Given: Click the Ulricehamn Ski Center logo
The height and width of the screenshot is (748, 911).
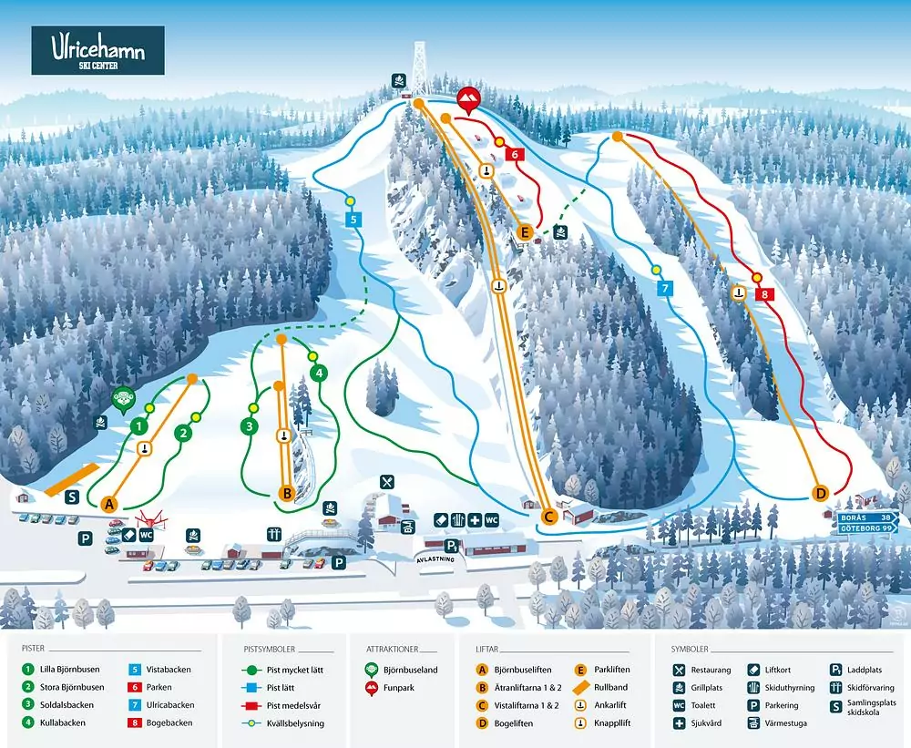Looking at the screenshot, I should pos(98,49).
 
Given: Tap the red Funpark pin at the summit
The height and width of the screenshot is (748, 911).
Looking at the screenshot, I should pos(468,99).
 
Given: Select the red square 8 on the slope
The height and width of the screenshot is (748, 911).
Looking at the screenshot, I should pos(765,294).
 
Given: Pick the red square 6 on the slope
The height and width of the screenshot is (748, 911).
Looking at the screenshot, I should pos(515,155).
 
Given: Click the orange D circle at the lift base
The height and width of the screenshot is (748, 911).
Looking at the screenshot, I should pos(821,493).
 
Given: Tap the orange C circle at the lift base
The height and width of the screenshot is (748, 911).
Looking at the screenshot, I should pos(548,517).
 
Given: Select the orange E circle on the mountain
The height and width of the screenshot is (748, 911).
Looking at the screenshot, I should pos(525,233).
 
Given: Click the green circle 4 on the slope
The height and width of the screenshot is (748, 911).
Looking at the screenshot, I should pos(319,373).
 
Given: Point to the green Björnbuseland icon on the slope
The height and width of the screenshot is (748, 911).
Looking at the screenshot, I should pos(122,398).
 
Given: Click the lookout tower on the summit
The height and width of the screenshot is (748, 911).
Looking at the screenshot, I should pos(419,68).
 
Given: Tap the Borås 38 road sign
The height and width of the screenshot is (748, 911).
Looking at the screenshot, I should pos(867,516).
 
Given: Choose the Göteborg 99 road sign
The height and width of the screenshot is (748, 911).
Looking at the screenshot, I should pos(867,528).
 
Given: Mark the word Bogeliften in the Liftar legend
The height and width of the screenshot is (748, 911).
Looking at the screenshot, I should pos(517,723).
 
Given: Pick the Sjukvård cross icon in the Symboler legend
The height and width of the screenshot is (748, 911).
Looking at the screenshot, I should pos(680,723).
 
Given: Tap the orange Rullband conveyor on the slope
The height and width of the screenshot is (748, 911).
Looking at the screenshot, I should pos(71,476).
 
